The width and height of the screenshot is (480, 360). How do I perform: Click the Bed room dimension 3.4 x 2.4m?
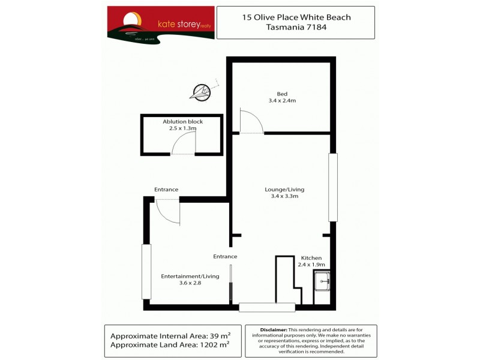282,101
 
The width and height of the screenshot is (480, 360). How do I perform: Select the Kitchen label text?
311,257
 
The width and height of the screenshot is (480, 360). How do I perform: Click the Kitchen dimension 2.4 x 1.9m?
311,265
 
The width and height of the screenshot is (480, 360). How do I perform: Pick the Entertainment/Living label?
190,276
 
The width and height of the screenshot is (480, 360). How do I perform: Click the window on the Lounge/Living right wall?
333,187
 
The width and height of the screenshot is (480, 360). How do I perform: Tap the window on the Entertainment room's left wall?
145,271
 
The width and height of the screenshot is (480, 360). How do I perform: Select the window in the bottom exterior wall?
267,307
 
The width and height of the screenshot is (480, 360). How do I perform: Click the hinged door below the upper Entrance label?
168,211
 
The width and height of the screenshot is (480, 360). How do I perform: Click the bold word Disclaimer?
274,330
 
